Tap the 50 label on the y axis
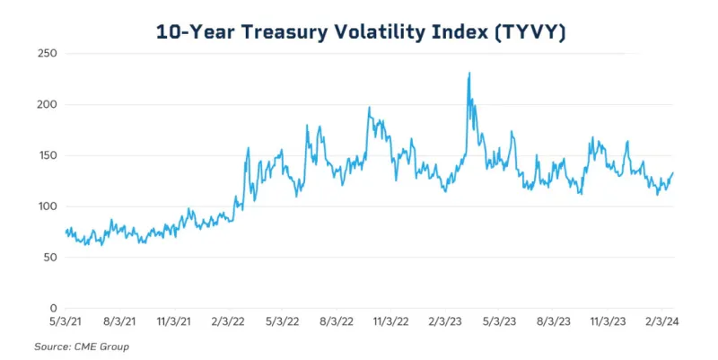click(51, 258)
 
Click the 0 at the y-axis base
click(54, 308)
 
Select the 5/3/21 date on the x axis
click(66, 320)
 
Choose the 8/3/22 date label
click(337, 320)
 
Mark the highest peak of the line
click(469, 74)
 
